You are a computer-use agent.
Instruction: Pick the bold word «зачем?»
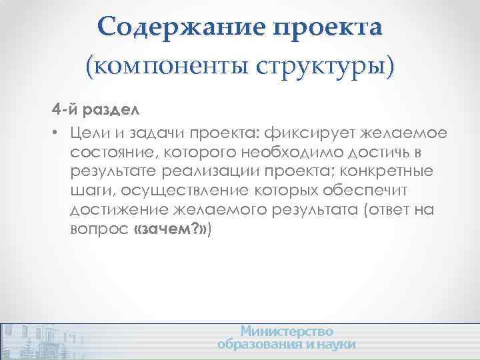(x=171, y=231)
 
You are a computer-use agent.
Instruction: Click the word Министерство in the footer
(x=287, y=331)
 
